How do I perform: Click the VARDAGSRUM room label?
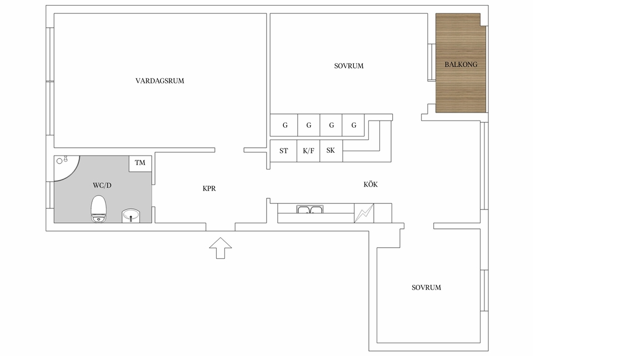159,81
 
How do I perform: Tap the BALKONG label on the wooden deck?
461,64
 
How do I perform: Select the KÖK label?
371,184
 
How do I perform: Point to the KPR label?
209,188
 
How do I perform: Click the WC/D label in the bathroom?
102,186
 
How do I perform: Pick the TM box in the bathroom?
141,163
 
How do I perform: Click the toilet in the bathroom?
99,208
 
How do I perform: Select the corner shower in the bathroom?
67,168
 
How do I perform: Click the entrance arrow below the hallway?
221,248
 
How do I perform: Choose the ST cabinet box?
283,151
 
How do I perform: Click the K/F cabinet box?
308,151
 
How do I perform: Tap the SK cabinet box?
331,151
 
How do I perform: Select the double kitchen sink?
310,209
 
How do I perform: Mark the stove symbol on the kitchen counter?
364,213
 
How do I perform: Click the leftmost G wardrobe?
284,126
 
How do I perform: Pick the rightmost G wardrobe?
353,126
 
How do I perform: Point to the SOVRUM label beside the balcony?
348,66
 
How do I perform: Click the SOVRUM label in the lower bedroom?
426,287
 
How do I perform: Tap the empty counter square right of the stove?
383,213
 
